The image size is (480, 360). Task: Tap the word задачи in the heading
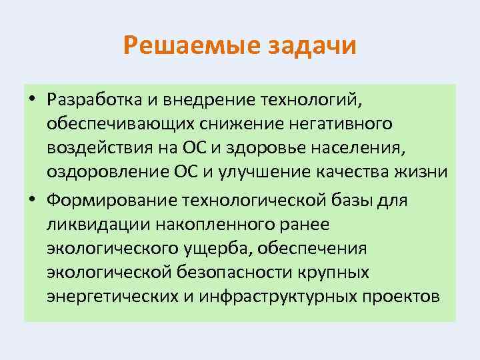click(x=312, y=47)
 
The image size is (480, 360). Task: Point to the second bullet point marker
click(x=31, y=200)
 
